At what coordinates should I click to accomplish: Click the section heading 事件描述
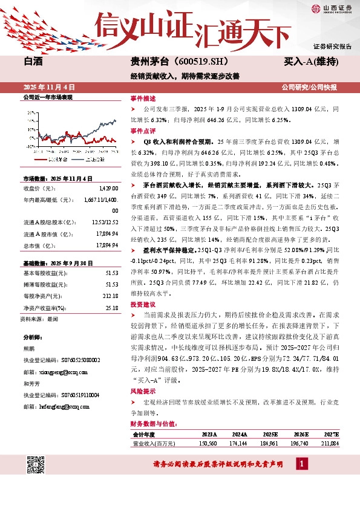[x=143, y=98]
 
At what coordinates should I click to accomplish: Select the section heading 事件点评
[x=143, y=131]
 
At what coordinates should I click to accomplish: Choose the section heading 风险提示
[x=143, y=392]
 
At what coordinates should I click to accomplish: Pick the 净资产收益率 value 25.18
[x=112, y=308]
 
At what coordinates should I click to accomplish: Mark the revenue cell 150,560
[x=208, y=443]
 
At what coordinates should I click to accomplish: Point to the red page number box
[x=301, y=463]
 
